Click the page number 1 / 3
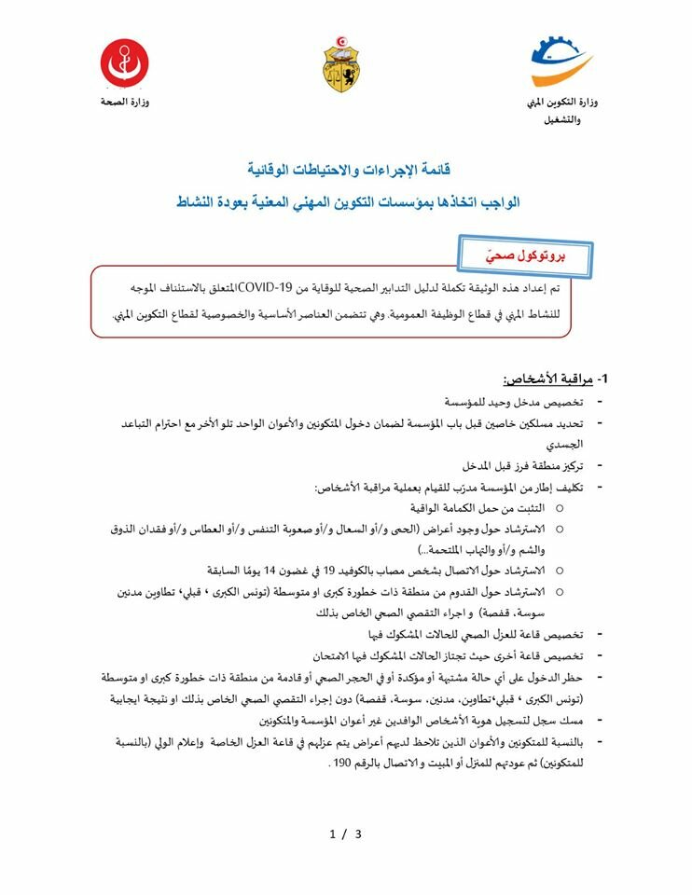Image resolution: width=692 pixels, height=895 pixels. (345, 833)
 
